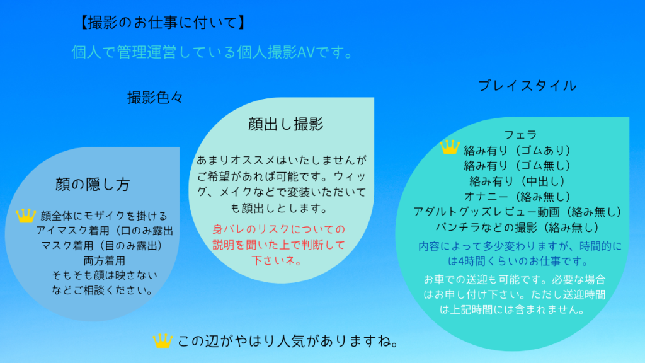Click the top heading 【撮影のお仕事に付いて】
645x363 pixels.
163,23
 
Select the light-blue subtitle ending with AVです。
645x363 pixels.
212,52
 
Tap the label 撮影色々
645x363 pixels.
155,98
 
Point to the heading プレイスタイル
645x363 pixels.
527,86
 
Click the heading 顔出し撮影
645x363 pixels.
285,124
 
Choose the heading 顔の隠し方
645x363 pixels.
93,185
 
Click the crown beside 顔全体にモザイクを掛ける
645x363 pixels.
25,216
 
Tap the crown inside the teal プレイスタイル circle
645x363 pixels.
450,147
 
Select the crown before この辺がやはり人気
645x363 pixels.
163,341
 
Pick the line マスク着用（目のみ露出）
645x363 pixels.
102,246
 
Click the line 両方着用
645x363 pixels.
104,260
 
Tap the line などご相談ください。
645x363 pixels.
103,290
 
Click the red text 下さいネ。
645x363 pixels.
278,260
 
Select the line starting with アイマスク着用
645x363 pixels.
105,231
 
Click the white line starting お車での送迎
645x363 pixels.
515,279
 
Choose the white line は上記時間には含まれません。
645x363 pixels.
512,309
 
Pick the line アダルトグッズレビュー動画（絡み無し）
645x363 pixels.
518,212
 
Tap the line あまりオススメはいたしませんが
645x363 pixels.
282,159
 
